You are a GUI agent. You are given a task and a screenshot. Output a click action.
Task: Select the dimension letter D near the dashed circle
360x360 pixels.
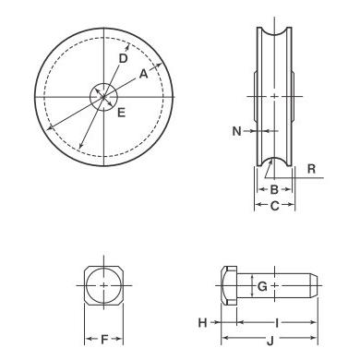pyautogui.click(x=124, y=58)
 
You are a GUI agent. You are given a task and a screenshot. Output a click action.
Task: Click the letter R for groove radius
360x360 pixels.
pyautogui.click(x=312, y=170)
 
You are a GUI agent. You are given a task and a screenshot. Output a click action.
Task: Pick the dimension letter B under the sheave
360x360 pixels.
pyautogui.click(x=273, y=189)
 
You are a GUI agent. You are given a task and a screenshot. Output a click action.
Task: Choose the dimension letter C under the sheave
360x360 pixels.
pyautogui.click(x=273, y=206)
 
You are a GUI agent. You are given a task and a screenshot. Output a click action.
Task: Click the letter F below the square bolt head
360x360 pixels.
pyautogui.click(x=104, y=340)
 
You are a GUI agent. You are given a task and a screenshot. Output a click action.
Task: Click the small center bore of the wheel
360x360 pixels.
pyautogui.click(x=103, y=95)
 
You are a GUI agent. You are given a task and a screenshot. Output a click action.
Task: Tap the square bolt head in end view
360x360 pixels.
pyautogui.click(x=104, y=287)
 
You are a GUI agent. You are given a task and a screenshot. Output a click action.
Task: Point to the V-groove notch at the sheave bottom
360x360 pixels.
pyautogui.click(x=273, y=166)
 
